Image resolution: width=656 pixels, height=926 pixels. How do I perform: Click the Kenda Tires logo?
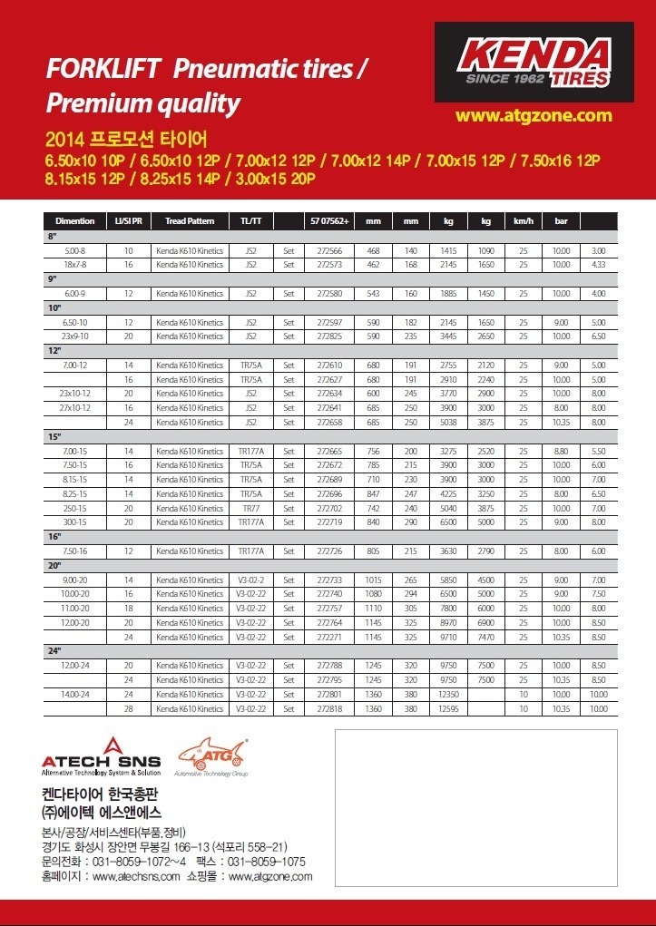(534, 63)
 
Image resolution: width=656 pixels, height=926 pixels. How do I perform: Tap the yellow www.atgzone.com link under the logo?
(534, 115)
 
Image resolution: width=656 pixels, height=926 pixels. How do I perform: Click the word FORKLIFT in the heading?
(103, 69)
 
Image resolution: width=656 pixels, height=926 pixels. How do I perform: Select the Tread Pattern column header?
(190, 221)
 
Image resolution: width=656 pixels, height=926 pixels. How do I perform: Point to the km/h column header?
(523, 221)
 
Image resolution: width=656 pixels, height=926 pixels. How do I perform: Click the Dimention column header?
(74, 221)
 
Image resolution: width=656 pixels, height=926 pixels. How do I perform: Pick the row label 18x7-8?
(74, 265)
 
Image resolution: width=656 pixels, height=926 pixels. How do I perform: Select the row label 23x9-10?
(74, 336)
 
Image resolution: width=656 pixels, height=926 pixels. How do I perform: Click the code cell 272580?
(328, 294)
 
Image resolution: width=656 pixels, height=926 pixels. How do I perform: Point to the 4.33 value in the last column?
(598, 265)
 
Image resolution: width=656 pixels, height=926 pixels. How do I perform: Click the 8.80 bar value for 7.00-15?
(561, 451)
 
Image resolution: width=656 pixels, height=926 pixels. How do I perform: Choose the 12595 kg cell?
(448, 708)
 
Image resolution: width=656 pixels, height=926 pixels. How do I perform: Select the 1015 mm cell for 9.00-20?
(373, 580)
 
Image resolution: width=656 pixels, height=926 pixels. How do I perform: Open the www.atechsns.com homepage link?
(136, 876)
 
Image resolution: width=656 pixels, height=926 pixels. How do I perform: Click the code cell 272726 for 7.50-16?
(328, 551)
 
